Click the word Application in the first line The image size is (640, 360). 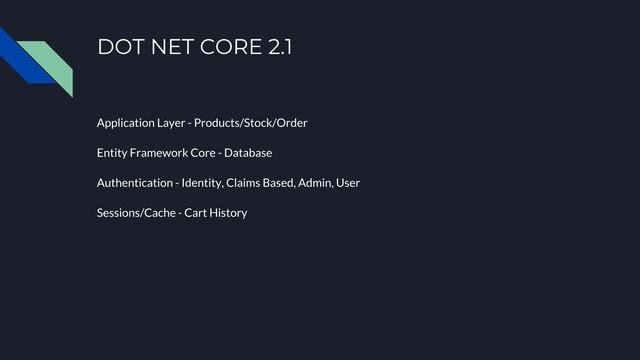pyautogui.click(x=125, y=123)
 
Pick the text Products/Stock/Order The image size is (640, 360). pyautogui.click(x=251, y=123)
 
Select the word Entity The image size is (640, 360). pyautogui.click(x=112, y=153)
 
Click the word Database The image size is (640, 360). pyautogui.click(x=248, y=153)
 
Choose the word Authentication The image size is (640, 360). pyautogui.click(x=135, y=183)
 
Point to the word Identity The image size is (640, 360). pyautogui.click(x=202, y=183)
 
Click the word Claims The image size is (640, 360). pyautogui.click(x=243, y=183)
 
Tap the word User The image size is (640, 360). pyautogui.click(x=348, y=183)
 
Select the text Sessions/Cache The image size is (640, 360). pyautogui.click(x=136, y=213)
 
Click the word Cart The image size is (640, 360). pyautogui.click(x=195, y=213)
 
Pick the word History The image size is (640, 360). pyautogui.click(x=228, y=213)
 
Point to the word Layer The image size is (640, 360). pyautogui.click(x=170, y=123)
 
